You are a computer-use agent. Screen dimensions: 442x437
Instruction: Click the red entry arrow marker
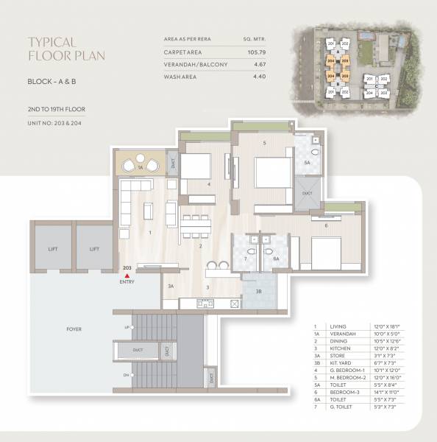tap(127, 275)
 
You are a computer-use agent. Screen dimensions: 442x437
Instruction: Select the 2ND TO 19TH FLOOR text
tap(56, 110)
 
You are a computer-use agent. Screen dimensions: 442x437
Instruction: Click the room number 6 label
tap(326, 225)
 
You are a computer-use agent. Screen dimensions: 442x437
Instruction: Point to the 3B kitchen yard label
tap(257, 292)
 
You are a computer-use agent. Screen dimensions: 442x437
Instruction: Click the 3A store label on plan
tap(171, 285)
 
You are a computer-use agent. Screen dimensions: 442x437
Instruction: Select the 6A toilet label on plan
tap(277, 259)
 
